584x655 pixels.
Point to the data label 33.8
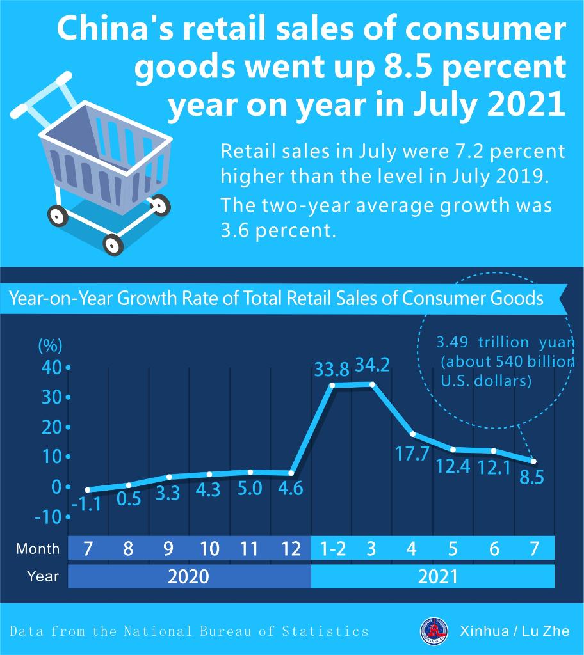click(x=332, y=370)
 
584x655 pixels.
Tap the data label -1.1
click(x=86, y=505)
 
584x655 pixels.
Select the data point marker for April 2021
click(x=412, y=434)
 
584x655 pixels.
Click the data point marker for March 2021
click(x=372, y=384)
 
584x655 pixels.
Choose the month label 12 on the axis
click(x=291, y=548)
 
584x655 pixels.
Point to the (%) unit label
click(x=51, y=346)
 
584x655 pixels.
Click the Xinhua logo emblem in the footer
click(x=435, y=631)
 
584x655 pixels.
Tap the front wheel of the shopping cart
click(x=113, y=244)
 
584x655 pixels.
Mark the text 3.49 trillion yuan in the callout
click(x=505, y=342)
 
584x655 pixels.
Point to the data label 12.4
click(x=453, y=466)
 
